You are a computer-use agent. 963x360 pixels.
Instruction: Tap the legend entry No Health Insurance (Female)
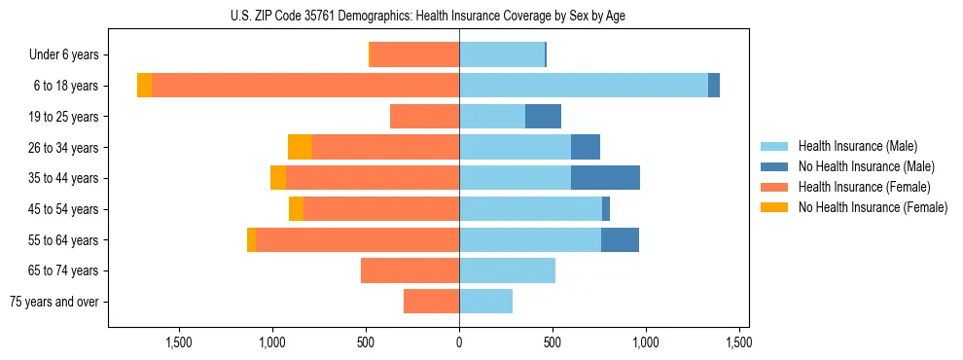coord(873,207)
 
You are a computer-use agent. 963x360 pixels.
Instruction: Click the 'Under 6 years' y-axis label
coord(64,55)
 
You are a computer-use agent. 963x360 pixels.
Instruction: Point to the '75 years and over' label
coord(53,302)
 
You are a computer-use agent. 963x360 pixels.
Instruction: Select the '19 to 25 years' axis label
coord(62,117)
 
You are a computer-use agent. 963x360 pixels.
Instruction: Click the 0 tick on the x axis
coord(459,342)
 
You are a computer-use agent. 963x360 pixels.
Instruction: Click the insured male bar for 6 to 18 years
coord(584,86)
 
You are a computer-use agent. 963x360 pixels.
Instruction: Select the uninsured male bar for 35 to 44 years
coord(605,178)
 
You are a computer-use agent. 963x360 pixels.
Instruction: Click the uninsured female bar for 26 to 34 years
coord(300,147)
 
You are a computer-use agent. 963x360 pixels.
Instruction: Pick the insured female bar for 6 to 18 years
coord(305,86)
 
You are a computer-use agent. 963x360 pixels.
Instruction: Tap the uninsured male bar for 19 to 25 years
coord(543,117)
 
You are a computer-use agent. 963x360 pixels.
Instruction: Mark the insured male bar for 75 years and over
coord(485,302)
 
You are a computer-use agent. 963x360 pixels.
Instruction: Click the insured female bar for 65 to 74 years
coord(410,270)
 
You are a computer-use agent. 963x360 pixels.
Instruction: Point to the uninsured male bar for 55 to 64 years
coord(620,239)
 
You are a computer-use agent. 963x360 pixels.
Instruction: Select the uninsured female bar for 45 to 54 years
coord(296,209)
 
